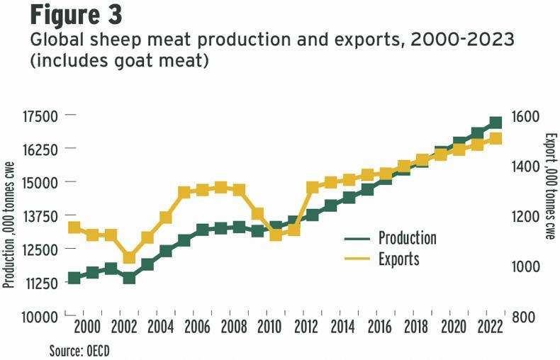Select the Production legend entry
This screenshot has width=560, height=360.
(407, 237)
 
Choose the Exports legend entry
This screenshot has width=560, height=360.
(398, 259)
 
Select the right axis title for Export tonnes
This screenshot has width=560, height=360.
(549, 186)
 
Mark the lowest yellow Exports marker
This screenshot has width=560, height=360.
(129, 257)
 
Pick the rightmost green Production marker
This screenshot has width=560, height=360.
(495, 123)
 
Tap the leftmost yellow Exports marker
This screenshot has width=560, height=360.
(74, 227)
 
